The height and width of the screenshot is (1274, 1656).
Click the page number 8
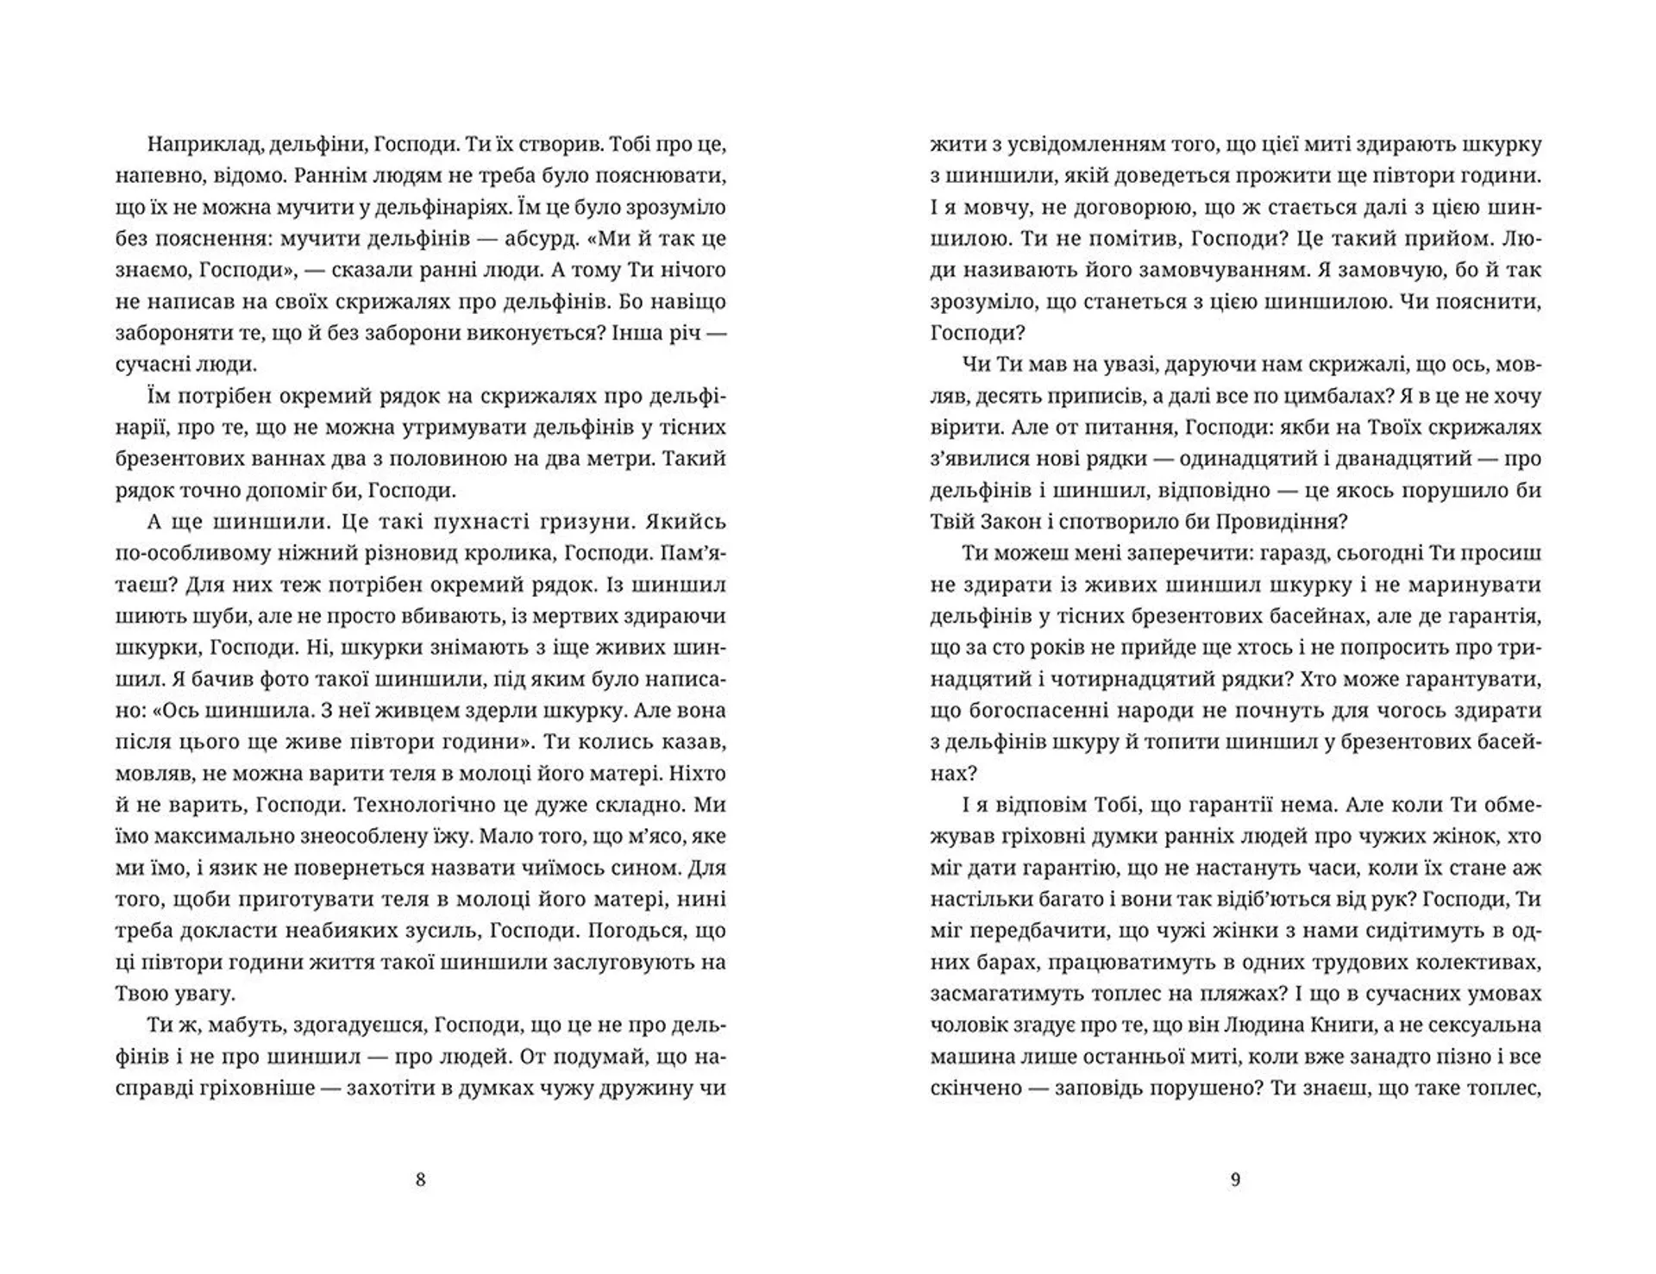420,1179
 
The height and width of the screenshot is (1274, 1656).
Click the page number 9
1234,1179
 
